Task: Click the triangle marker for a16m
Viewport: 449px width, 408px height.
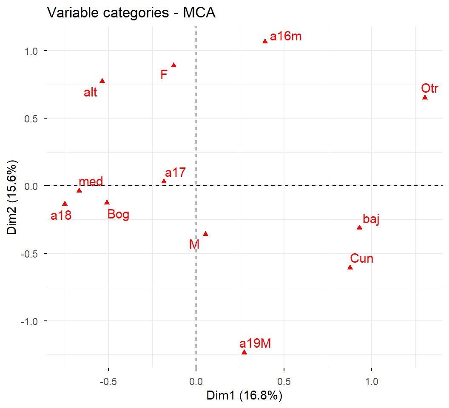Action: pos(265,41)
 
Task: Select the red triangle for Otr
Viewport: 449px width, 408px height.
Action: pos(425,98)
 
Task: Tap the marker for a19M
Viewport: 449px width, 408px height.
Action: pos(244,352)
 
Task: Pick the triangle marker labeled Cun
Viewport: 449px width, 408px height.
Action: pos(350,267)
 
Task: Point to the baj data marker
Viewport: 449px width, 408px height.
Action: pos(359,227)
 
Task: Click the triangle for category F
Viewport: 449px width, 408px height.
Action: pos(173,65)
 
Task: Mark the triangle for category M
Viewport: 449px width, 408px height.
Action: pos(205,234)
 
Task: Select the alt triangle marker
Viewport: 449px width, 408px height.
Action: pos(102,81)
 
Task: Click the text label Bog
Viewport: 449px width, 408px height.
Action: pos(118,214)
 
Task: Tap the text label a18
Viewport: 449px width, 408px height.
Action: pos(61,216)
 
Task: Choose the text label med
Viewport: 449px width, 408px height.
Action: pos(91,182)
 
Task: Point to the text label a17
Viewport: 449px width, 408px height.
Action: pos(175,173)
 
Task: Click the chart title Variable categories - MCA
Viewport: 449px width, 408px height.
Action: pos(131,13)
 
